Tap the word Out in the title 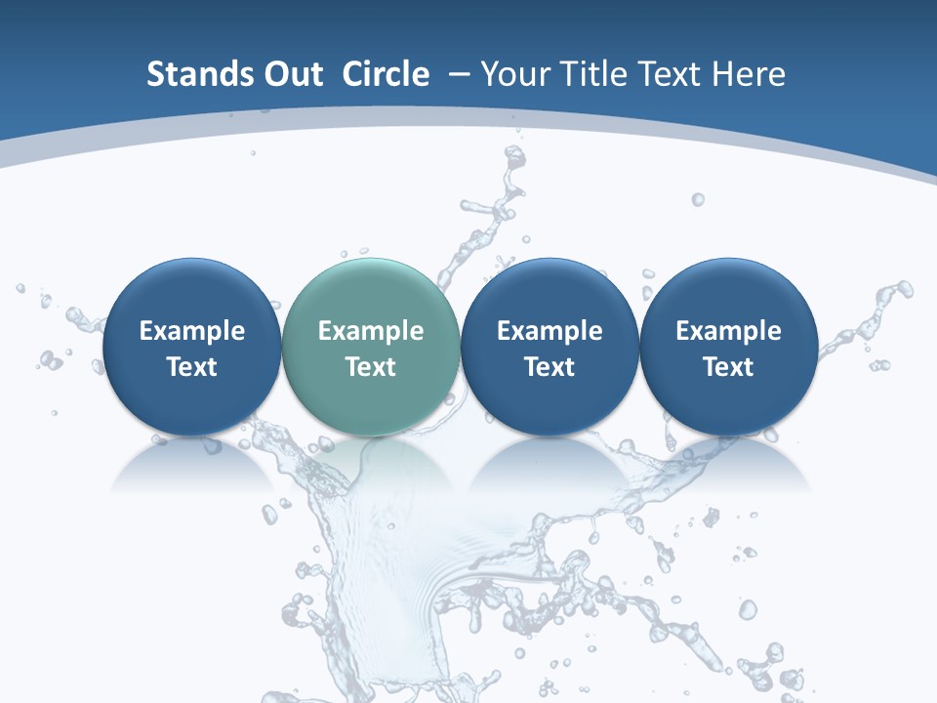click(290, 74)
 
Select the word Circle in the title click(386, 74)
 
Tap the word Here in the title click(749, 74)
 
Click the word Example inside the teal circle click(371, 331)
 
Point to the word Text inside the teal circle click(371, 367)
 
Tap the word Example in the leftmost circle click(191, 331)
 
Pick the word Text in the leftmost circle click(191, 367)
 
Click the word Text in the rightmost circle click(729, 367)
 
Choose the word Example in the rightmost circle click(729, 331)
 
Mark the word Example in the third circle click(550, 331)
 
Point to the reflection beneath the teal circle click(371, 467)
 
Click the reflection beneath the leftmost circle click(191, 467)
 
